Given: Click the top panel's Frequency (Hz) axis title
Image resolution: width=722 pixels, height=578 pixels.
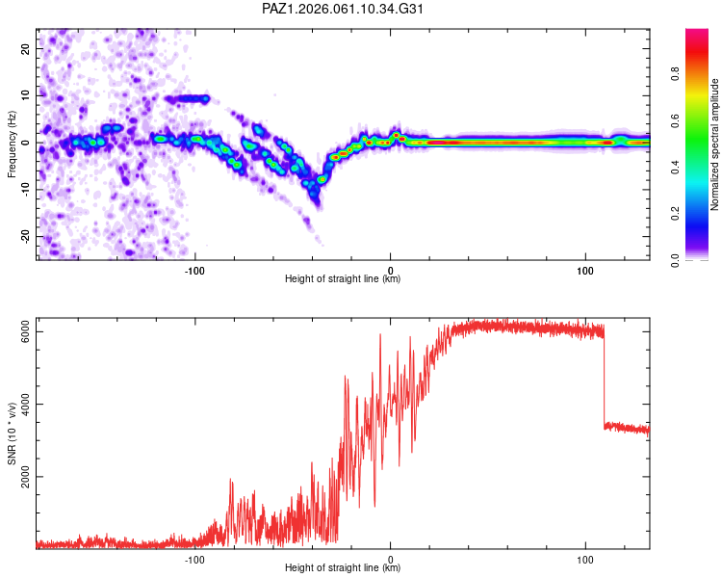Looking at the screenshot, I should [x=12, y=144].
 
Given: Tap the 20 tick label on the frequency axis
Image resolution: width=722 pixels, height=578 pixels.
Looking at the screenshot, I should [x=27, y=48].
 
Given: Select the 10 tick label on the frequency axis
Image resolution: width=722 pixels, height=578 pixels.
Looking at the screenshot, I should [x=27, y=95].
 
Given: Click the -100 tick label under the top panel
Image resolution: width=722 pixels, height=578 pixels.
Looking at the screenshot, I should [x=195, y=269].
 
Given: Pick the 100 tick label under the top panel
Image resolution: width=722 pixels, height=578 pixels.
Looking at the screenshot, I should [x=585, y=269].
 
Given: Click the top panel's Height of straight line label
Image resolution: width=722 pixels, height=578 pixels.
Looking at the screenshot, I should [x=343, y=279].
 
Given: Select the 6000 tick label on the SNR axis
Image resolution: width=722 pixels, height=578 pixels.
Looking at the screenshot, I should [x=27, y=331].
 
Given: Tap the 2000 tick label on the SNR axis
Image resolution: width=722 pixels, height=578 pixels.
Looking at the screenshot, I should [x=27, y=476].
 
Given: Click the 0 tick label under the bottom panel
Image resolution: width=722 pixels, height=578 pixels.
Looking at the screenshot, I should [x=391, y=559].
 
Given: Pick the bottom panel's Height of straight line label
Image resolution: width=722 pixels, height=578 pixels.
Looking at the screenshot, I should [x=343, y=568].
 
